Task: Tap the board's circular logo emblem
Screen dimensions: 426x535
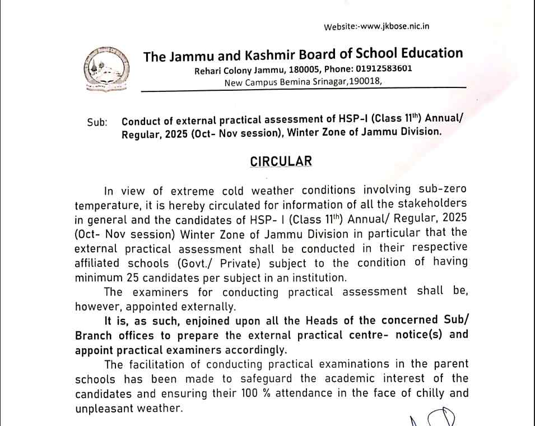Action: tap(101, 70)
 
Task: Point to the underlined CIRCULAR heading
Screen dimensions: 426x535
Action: tap(281, 161)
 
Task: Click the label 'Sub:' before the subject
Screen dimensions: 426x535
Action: tap(97, 122)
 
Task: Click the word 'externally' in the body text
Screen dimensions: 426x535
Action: tap(216, 306)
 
